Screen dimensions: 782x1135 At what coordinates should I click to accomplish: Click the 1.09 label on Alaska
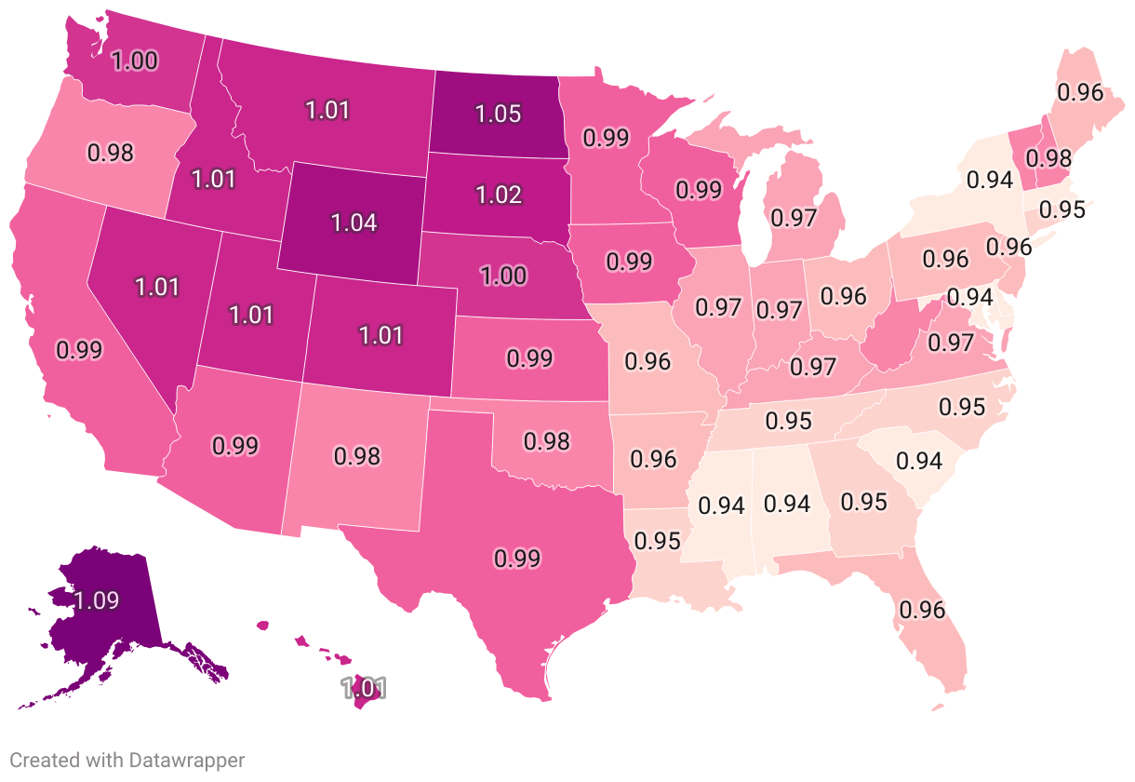tap(97, 600)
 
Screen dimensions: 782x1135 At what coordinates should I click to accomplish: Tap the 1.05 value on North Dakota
tap(498, 115)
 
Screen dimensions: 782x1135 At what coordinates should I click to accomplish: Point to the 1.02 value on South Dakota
tap(498, 195)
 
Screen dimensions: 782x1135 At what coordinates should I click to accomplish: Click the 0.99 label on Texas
tap(517, 559)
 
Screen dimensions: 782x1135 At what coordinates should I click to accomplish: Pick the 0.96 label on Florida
tap(921, 610)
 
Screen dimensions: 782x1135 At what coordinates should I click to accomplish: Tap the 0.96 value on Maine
tap(1079, 91)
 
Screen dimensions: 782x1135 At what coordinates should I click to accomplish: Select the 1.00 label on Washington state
tap(135, 61)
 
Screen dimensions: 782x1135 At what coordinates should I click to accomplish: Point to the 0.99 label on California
tap(79, 350)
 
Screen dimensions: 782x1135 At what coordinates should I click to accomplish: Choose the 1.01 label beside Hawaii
tap(363, 689)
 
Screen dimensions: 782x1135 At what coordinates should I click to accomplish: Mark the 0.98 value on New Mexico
tap(357, 456)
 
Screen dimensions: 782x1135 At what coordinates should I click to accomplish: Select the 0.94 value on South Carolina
tap(919, 460)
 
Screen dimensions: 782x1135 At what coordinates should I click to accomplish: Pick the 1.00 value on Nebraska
tap(503, 276)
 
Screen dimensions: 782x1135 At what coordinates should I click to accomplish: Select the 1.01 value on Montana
tap(327, 110)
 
